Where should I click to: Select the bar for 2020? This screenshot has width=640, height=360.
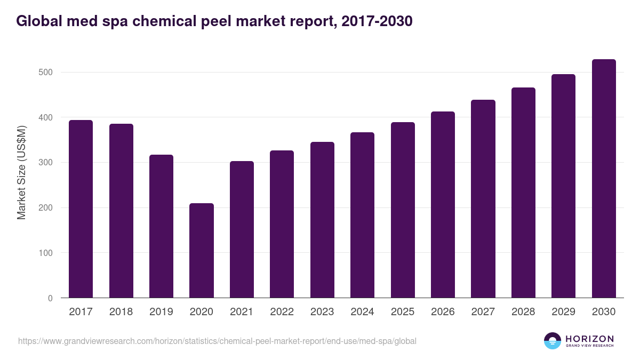tap(202, 251)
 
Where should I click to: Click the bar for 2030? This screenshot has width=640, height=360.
tap(604, 179)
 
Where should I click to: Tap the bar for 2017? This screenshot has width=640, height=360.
tap(81, 209)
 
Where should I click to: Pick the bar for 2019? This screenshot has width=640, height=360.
tap(161, 226)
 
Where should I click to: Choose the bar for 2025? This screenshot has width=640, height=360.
tap(403, 210)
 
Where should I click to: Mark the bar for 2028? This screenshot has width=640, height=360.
tap(523, 193)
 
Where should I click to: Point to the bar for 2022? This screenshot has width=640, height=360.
tap(282, 224)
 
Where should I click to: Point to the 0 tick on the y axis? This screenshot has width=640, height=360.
tap(50, 298)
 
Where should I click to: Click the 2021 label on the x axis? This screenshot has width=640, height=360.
tap(242, 312)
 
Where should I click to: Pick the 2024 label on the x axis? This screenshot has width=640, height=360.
tap(362, 312)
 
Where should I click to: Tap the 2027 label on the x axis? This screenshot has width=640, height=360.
tap(483, 312)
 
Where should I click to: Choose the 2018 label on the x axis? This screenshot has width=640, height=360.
tap(121, 312)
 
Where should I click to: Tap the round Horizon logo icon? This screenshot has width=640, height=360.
tap(553, 341)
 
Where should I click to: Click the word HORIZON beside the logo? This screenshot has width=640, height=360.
tap(589, 338)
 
